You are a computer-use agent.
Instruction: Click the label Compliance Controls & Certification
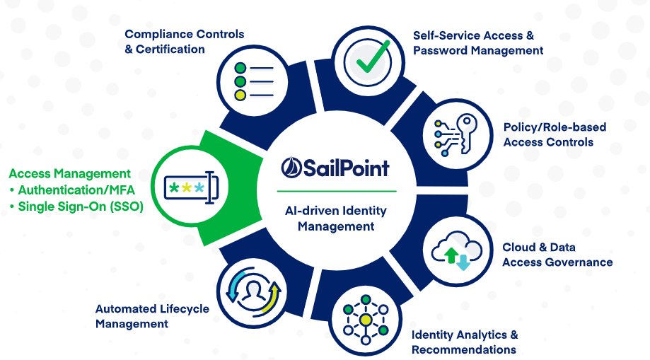point(184,41)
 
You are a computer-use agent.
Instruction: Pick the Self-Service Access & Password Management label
point(477,42)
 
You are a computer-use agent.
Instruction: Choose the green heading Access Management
point(69,173)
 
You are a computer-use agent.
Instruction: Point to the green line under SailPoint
point(335,191)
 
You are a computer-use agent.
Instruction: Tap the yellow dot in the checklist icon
point(240,95)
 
